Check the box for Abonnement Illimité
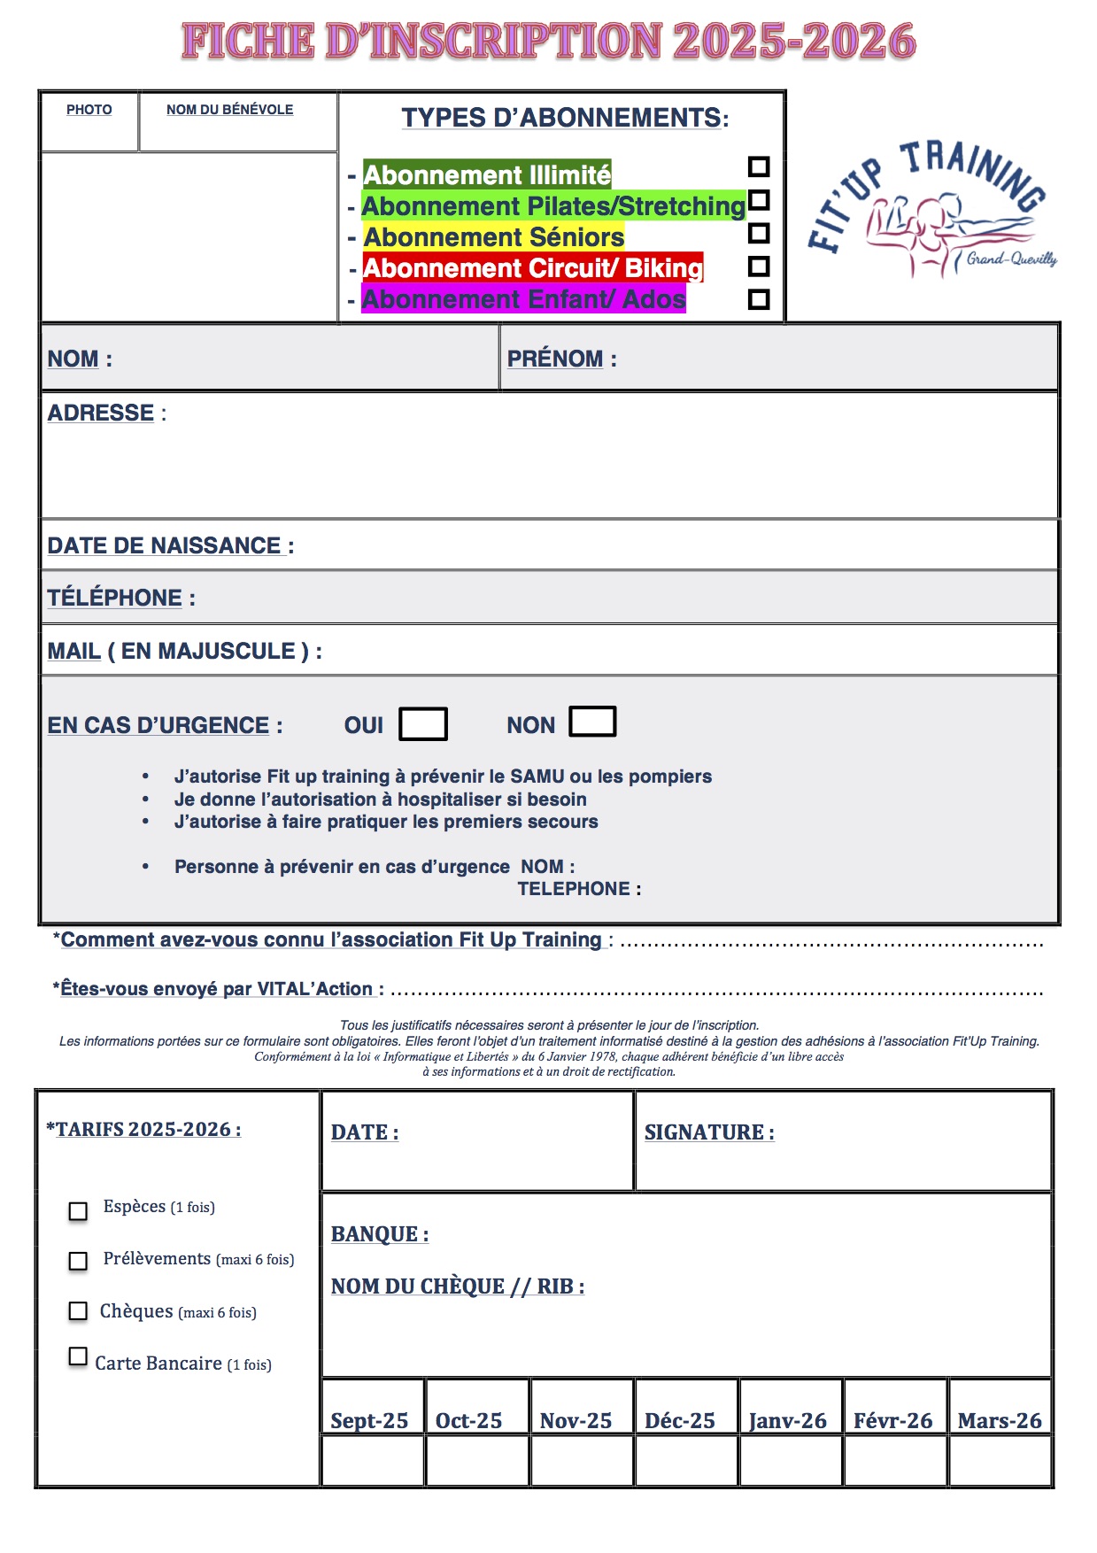pyautogui.click(x=759, y=166)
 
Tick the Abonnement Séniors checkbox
pyautogui.click(x=759, y=233)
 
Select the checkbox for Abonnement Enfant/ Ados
pyautogui.click(x=759, y=299)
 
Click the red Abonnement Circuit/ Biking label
pyautogui.click(x=533, y=267)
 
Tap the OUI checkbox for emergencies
pyautogui.click(x=423, y=724)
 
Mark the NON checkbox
pyautogui.click(x=592, y=722)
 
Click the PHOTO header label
pyautogui.click(x=89, y=110)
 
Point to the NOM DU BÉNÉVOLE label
pyautogui.click(x=229, y=110)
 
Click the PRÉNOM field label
pyautogui.click(x=555, y=359)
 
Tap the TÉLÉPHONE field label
pyautogui.click(x=115, y=598)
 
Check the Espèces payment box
pyautogui.click(x=79, y=1210)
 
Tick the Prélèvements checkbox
pyautogui.click(x=79, y=1260)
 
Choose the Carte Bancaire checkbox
pyautogui.click(x=79, y=1356)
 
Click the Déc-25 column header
pyautogui.click(x=680, y=1420)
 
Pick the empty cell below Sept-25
pyautogui.click(x=373, y=1460)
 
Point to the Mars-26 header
pyautogui.click(x=1000, y=1420)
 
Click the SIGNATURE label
pyautogui.click(x=709, y=1132)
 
